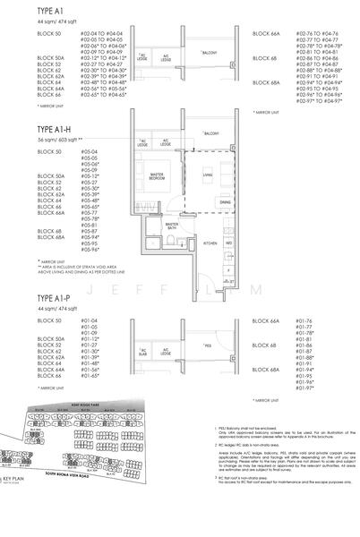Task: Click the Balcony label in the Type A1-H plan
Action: pos(210,133)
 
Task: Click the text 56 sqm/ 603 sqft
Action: pos(33,141)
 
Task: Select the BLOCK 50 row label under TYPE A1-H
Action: pos(26,153)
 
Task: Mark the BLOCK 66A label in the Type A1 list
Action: pos(266,32)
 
